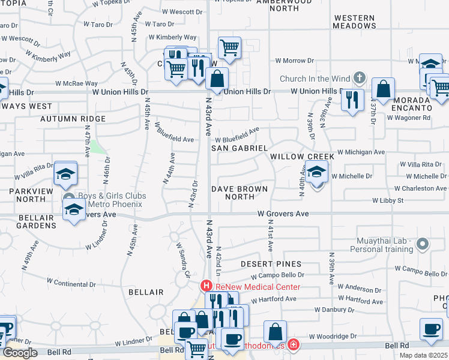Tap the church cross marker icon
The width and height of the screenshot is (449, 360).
(359, 77)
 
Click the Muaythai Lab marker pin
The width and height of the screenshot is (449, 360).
(423, 244)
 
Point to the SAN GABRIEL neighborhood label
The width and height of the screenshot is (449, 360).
(239, 148)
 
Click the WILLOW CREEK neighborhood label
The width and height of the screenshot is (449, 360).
(301, 157)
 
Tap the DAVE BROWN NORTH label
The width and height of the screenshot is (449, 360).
(240, 193)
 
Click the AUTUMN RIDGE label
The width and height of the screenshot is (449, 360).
(73, 119)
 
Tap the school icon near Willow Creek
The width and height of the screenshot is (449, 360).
(316, 173)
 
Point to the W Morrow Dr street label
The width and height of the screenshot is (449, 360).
(295, 61)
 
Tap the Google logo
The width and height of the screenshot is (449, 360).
(20, 353)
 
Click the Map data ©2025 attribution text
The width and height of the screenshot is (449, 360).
(423, 355)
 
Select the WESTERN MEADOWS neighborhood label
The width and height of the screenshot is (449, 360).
(355, 22)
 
